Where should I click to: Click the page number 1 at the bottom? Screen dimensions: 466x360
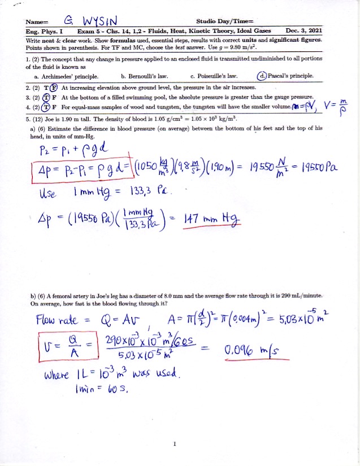click(x=175, y=443)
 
